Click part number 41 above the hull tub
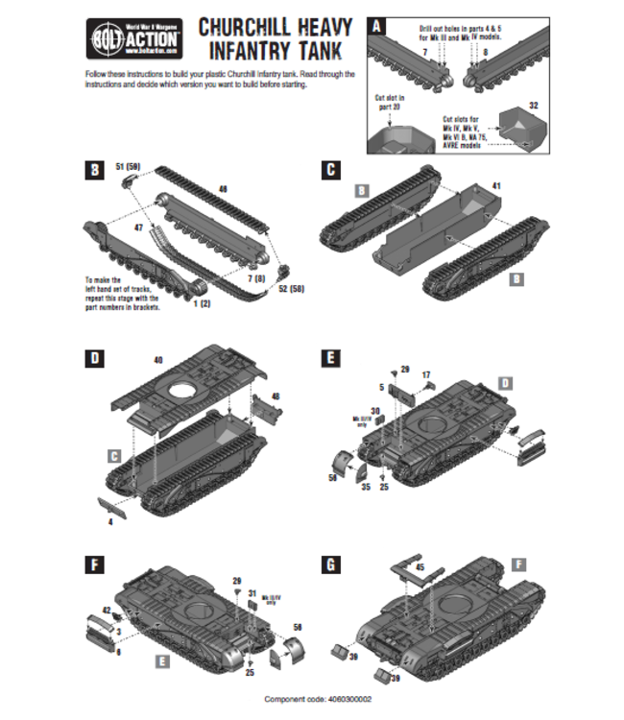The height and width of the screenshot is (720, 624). (x=496, y=184)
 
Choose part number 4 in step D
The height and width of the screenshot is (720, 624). (x=110, y=521)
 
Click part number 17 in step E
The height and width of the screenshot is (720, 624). (x=426, y=374)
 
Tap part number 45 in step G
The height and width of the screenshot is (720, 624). (x=419, y=567)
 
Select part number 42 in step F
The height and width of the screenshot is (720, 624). (x=106, y=610)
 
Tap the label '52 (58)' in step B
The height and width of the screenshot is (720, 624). (x=290, y=288)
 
